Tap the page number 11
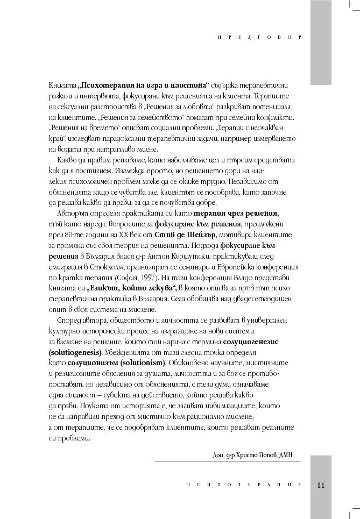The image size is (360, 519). [x=321, y=485]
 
